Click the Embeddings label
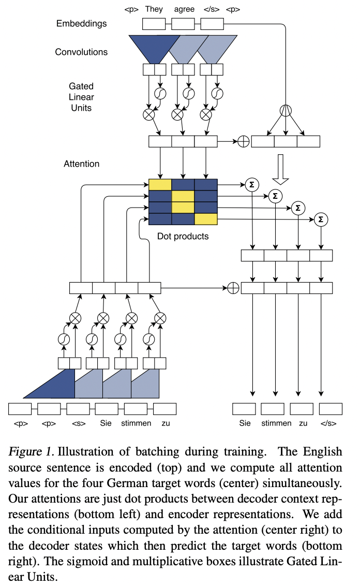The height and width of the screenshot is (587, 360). coord(82,24)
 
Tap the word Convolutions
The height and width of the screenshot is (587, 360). coord(81,52)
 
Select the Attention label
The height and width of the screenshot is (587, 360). coord(82,164)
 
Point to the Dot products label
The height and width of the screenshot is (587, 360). coord(183,236)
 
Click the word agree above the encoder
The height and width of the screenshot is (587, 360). coord(184,9)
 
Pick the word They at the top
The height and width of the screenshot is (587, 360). coord(154,9)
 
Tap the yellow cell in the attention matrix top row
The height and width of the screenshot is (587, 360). coord(160,185)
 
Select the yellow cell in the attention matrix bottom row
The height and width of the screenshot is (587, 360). coord(206,219)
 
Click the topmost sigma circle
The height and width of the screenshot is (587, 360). coord(252,185)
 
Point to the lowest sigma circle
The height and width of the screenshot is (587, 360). coord(321,219)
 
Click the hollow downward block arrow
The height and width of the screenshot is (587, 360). coord(280,170)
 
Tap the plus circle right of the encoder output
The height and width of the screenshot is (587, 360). coord(244,141)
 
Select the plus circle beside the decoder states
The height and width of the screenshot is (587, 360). coord(233,288)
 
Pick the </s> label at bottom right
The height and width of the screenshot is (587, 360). coord(328,423)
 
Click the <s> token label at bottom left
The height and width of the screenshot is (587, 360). coord(79,423)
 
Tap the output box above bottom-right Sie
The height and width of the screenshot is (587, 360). coord(244,409)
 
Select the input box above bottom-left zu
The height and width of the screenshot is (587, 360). coord(164,409)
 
